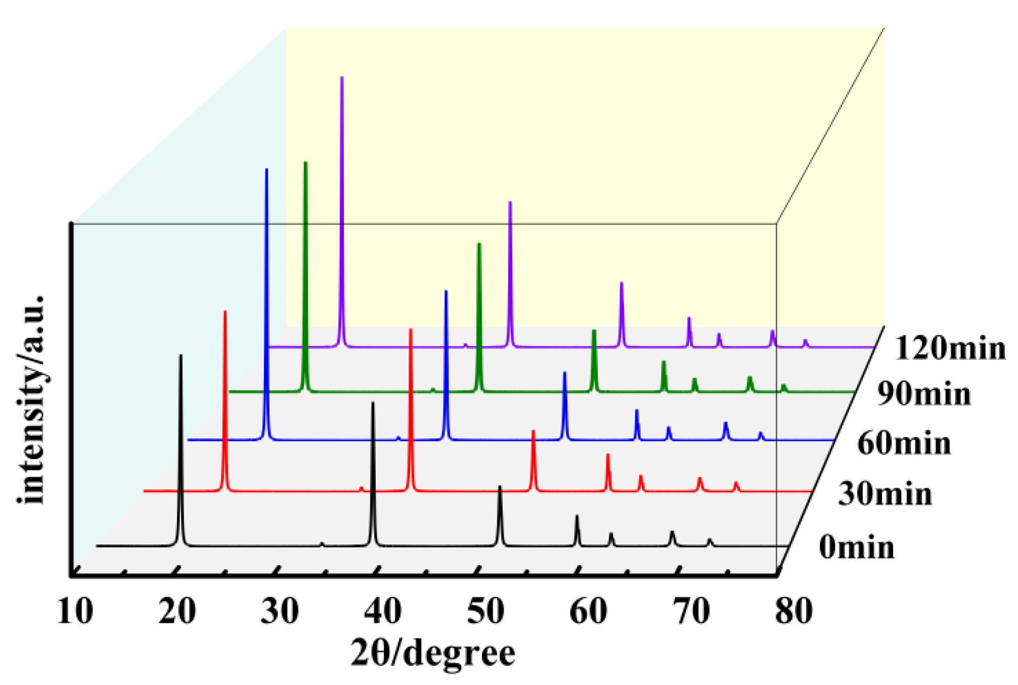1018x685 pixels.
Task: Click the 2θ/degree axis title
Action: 433,653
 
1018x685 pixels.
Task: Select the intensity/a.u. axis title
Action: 31,399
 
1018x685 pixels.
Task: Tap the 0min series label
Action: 857,547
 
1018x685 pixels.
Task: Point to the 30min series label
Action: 885,494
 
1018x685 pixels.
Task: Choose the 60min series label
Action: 904,443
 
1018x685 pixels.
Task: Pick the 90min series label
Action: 924,394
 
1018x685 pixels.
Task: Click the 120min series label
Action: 950,348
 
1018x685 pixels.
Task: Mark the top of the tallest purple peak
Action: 342,77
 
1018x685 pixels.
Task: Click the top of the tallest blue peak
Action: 267,169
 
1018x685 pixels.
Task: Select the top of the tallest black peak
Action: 181,355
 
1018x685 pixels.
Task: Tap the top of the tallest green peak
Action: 305,162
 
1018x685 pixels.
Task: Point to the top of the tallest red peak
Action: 225,311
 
